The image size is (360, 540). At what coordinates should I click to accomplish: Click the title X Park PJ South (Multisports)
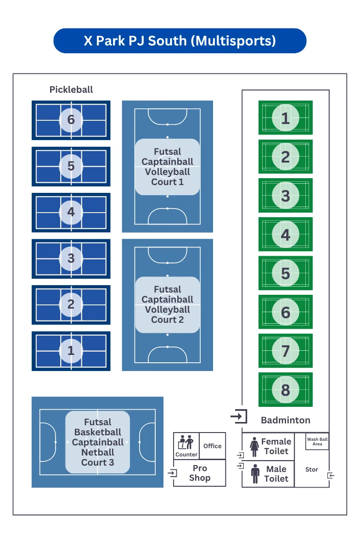coord(180,41)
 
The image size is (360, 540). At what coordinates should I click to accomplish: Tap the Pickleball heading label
coord(71,90)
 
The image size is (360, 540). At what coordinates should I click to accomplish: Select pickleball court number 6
coord(71,120)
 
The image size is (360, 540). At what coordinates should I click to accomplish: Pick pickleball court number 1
coord(71,351)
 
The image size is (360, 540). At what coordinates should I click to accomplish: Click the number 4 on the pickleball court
coord(71,212)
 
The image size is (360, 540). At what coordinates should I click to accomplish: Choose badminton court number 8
coord(285,390)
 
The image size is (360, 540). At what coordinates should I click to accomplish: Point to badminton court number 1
coord(285,118)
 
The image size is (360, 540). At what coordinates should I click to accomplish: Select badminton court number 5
coord(285,273)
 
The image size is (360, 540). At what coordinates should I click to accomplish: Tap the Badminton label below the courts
coord(285,420)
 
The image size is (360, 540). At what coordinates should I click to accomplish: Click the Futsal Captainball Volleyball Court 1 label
coord(167,167)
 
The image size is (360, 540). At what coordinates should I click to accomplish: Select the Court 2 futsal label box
coord(167,304)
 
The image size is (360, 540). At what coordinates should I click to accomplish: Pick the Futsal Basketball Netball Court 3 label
coord(97,442)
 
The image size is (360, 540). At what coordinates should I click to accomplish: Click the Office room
coord(212,446)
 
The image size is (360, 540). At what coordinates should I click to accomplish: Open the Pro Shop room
coord(200,473)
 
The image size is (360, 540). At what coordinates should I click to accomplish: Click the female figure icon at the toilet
coord(254,447)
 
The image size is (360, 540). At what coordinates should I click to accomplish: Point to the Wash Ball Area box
coord(317,442)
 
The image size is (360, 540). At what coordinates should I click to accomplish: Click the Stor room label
coord(312,469)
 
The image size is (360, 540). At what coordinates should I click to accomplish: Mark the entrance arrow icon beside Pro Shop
coord(173,472)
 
